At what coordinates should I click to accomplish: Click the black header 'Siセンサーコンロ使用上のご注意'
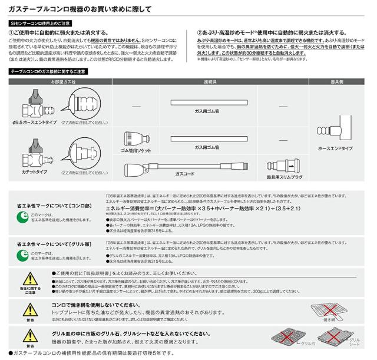point(39,22)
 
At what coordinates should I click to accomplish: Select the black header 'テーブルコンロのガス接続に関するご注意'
point(47,71)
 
